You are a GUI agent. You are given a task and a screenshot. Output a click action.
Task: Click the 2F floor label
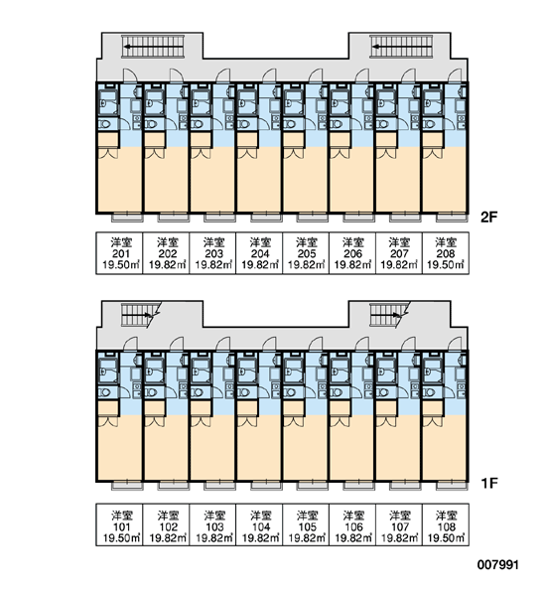pyautogui.click(x=488, y=218)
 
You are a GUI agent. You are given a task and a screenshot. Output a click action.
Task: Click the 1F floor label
pyautogui.click(x=489, y=484)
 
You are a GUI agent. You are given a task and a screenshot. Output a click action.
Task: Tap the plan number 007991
pyautogui.click(x=497, y=565)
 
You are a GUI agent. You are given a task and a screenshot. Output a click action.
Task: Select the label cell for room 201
pyautogui.click(x=119, y=252)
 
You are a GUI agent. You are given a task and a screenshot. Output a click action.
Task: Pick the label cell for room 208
pyautogui.click(x=446, y=252)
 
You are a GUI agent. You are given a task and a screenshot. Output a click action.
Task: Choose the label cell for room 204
pyautogui.click(x=259, y=252)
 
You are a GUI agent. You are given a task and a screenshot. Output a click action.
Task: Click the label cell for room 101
pyautogui.click(x=119, y=524)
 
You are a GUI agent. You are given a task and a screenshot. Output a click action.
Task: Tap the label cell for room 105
pyautogui.click(x=306, y=524)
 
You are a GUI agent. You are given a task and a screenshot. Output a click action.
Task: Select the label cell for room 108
pyautogui.click(x=446, y=524)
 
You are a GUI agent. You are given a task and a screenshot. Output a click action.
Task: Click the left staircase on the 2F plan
pyautogui.click(x=153, y=47)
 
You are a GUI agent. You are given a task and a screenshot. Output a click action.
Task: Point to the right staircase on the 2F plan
pyautogui.click(x=401, y=47)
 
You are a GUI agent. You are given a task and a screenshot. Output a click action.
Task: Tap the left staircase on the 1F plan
pyautogui.click(x=140, y=315)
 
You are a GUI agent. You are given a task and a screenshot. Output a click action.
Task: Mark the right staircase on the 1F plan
pyautogui.click(x=388, y=315)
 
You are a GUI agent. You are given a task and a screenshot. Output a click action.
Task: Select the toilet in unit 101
pyautogui.click(x=105, y=392)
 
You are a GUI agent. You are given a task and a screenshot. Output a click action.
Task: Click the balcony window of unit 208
pyautogui.click(x=452, y=218)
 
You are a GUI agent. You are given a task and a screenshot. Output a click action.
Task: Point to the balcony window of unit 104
pyautogui.click(x=266, y=486)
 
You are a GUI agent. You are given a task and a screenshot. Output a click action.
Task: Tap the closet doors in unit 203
pyautogui.click(x=201, y=153)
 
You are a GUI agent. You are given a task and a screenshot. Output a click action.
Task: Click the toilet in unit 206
pyautogui.click(x=337, y=124)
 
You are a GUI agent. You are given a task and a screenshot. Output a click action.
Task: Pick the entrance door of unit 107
pyautogui.click(x=408, y=344)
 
